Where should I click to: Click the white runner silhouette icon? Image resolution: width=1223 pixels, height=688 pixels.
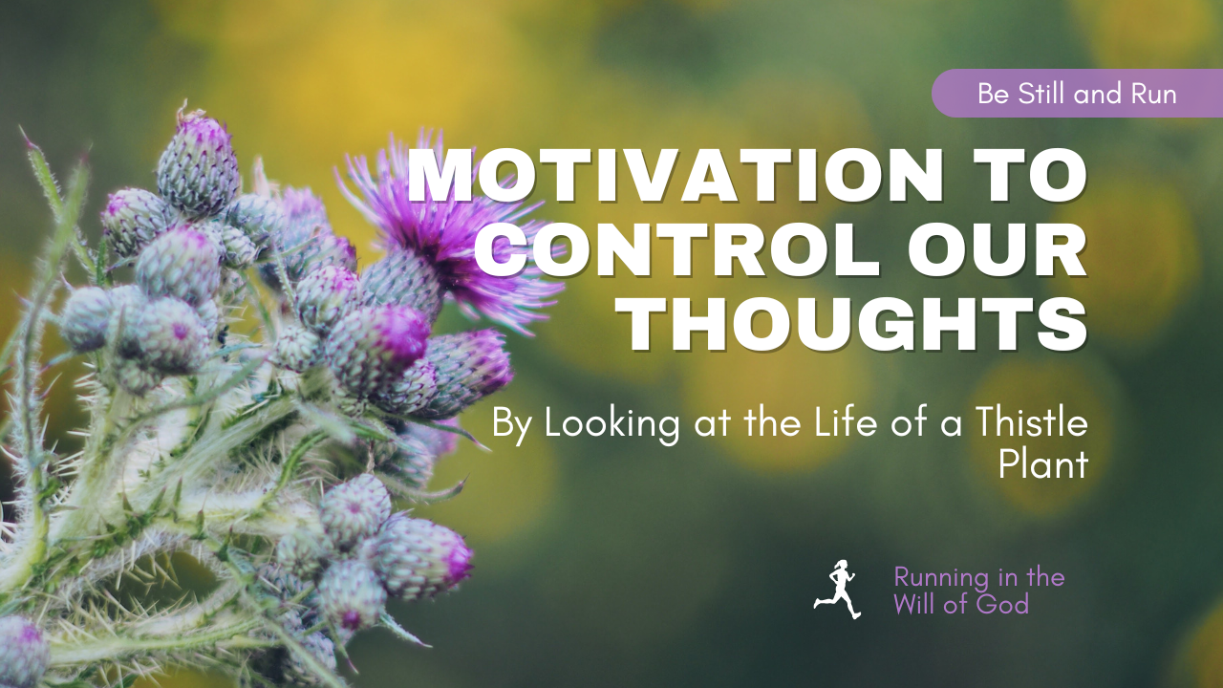(x=838, y=590)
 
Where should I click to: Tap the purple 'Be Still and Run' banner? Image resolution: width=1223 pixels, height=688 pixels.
(x=1077, y=94)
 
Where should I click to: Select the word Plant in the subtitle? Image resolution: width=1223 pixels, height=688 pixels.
(x=1043, y=464)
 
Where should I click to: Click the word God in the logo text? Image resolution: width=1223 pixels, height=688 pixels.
(x=1002, y=604)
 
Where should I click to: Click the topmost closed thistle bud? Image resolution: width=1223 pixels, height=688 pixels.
(x=198, y=162)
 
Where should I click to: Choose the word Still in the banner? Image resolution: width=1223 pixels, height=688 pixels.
(x=1042, y=94)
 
